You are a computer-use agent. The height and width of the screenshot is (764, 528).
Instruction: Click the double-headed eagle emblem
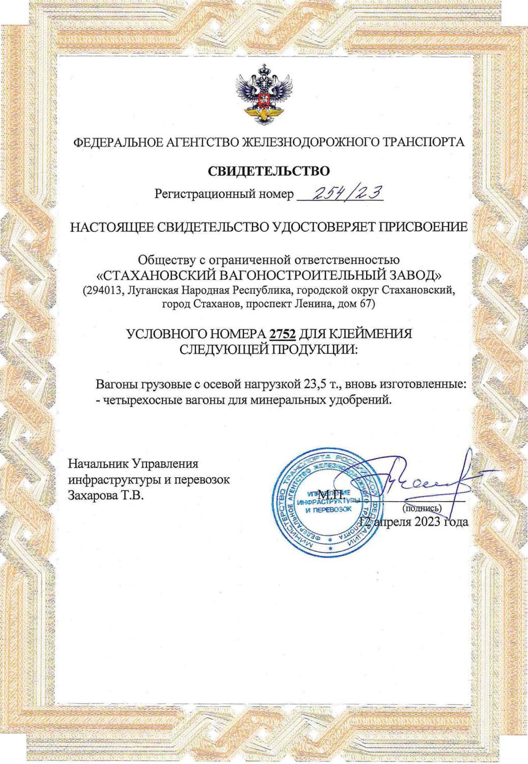[264, 95]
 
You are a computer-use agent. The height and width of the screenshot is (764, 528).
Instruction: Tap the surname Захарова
[92, 495]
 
